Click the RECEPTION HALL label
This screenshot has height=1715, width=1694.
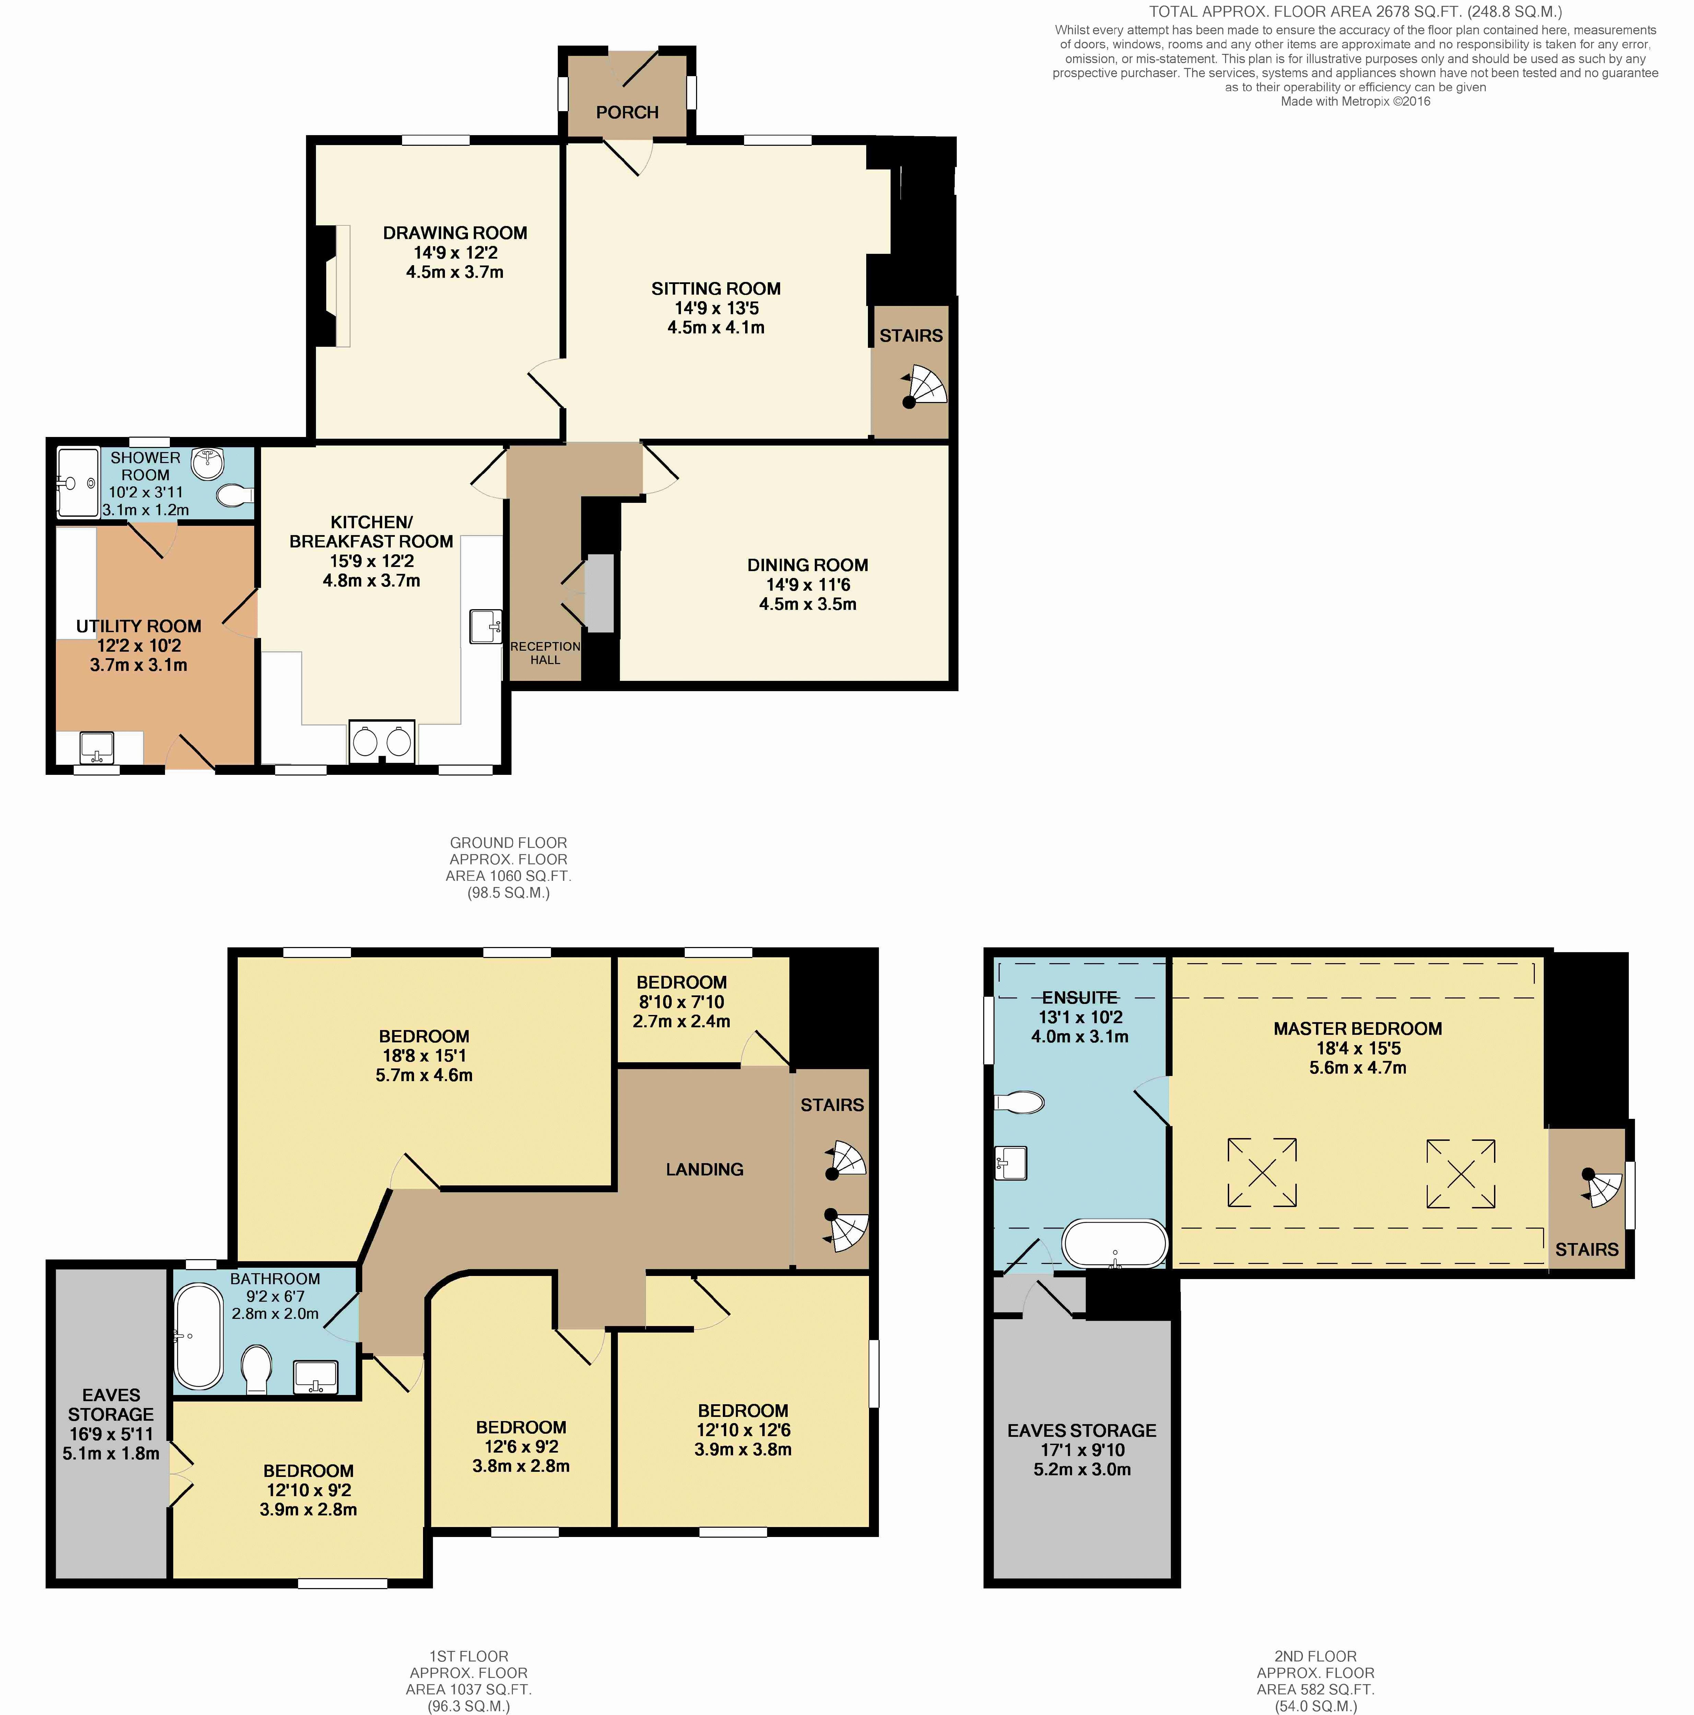545,652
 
